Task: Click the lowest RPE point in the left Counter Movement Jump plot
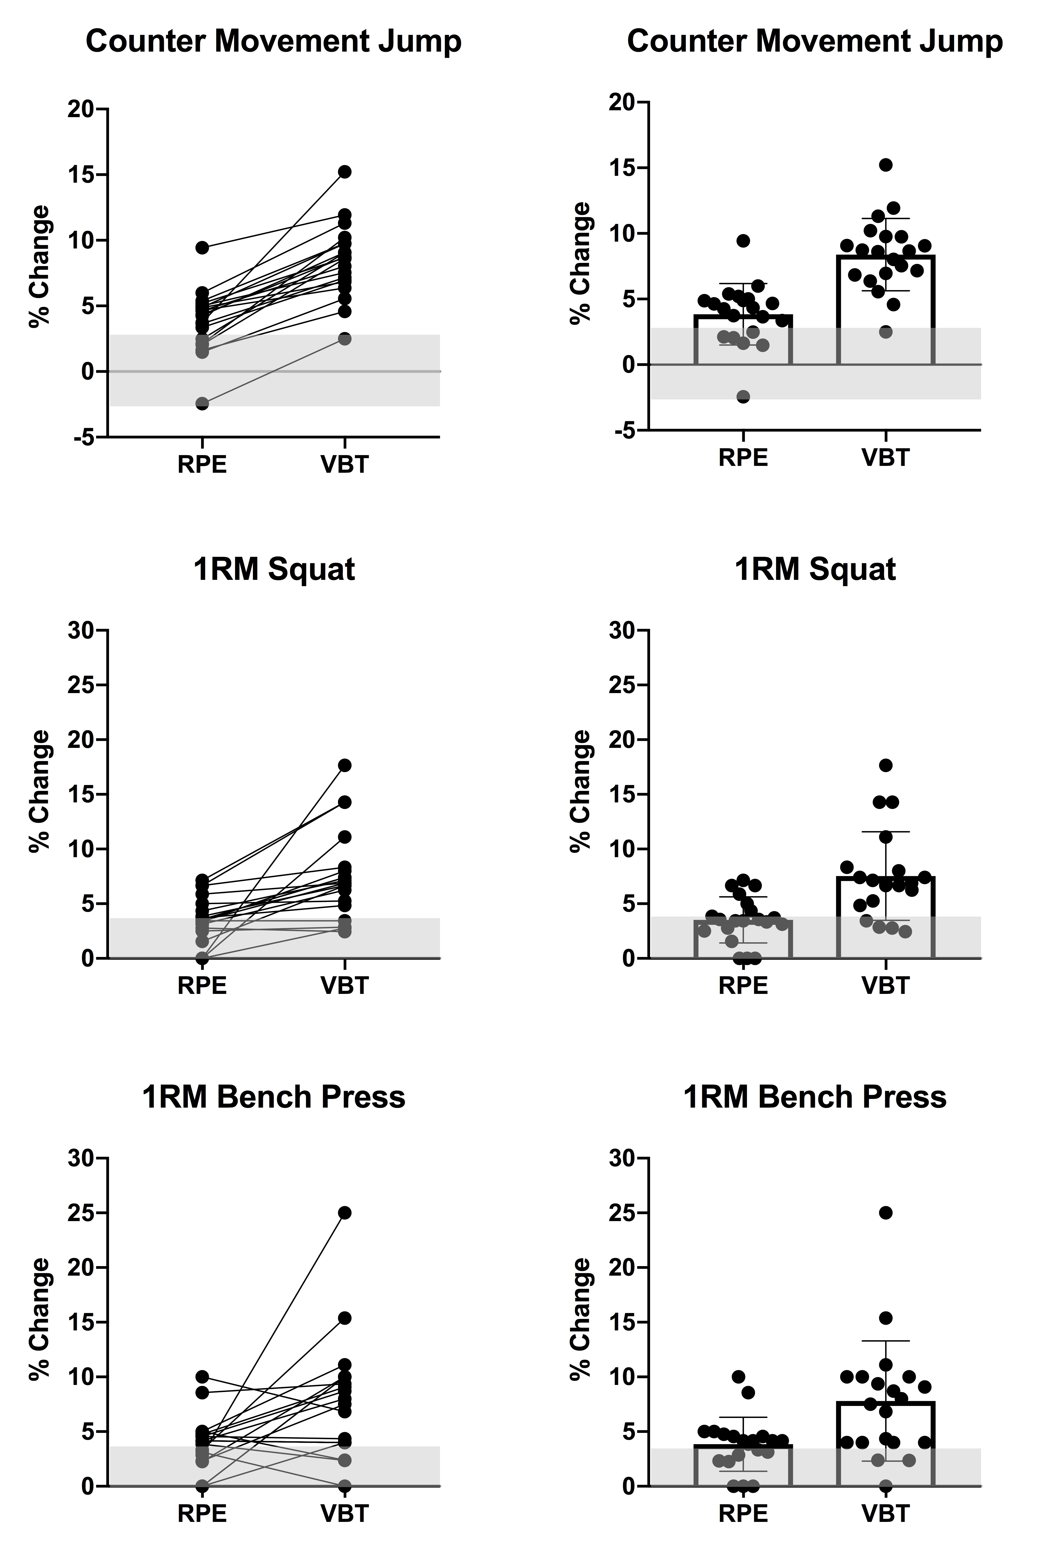click(202, 403)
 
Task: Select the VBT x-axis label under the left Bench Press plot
click(344, 1513)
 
